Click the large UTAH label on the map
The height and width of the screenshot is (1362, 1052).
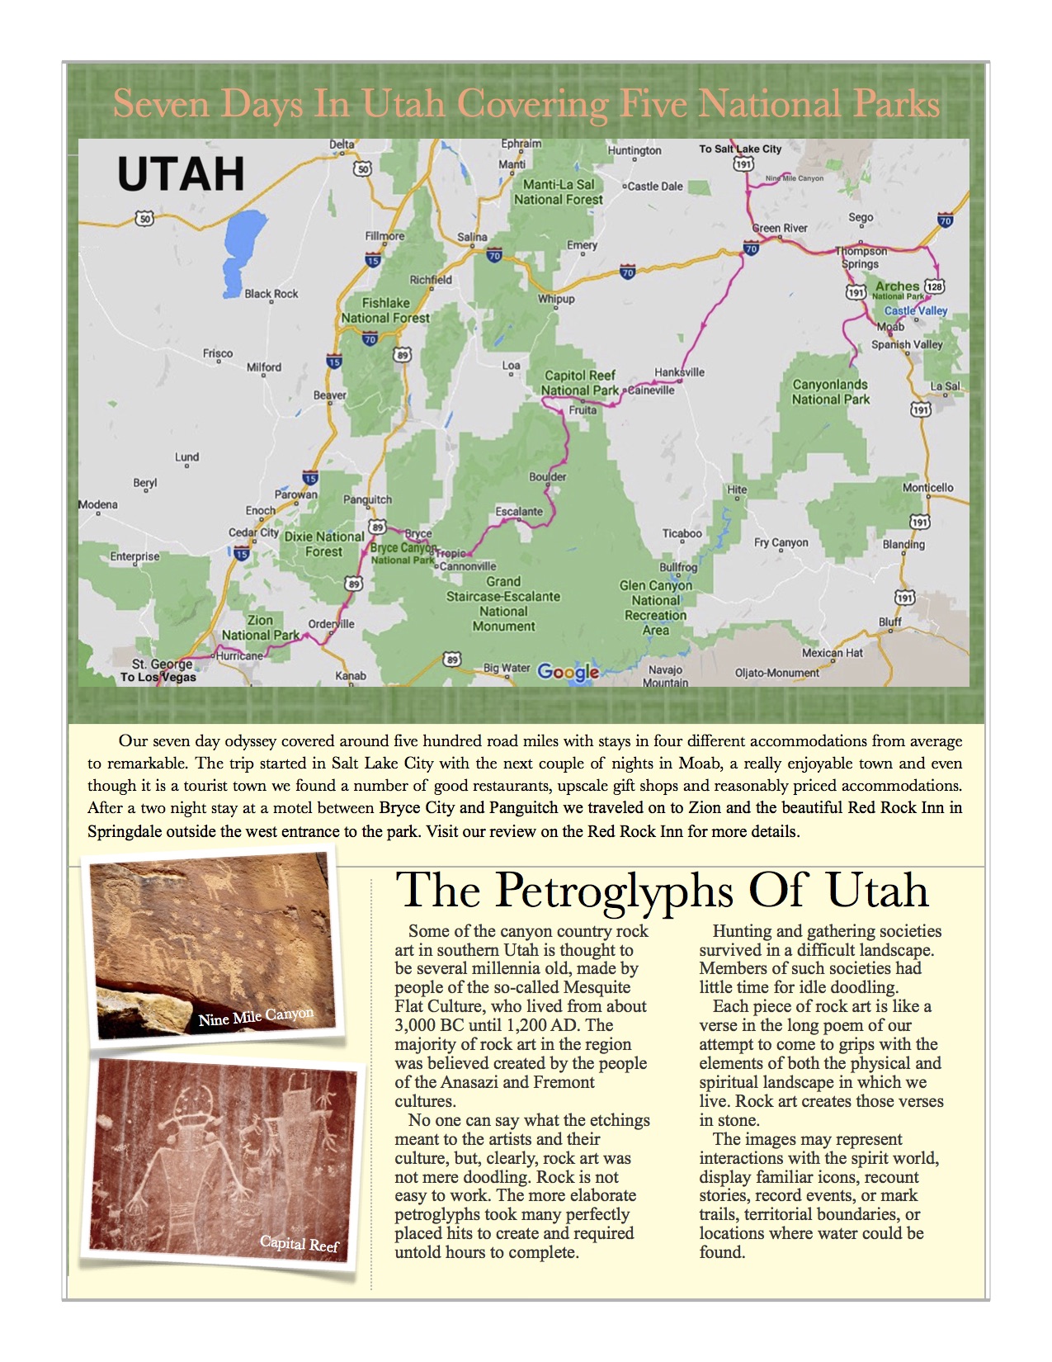coord(181,174)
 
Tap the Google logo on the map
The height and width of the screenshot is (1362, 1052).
coord(568,672)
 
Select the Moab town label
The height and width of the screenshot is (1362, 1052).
coord(890,327)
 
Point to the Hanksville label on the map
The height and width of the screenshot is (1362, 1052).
coord(679,372)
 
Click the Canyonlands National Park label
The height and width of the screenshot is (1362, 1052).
coord(830,392)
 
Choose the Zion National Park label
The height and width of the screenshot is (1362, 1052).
coord(260,627)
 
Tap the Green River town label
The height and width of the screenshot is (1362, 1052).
coord(780,228)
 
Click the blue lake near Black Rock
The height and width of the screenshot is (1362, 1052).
coord(239,251)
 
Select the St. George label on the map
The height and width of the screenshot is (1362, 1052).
coord(163,664)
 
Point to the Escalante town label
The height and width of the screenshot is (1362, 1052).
coord(519,512)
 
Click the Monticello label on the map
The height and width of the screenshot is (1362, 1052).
coord(927,488)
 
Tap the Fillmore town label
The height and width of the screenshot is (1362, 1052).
coord(384,236)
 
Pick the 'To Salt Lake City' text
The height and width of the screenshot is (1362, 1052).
coord(739,149)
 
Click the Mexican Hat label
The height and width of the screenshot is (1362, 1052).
coord(832,653)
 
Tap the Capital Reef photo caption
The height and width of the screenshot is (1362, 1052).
coord(299,1244)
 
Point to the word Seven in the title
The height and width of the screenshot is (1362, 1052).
coord(151,106)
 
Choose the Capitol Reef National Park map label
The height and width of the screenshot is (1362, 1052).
coord(579,383)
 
